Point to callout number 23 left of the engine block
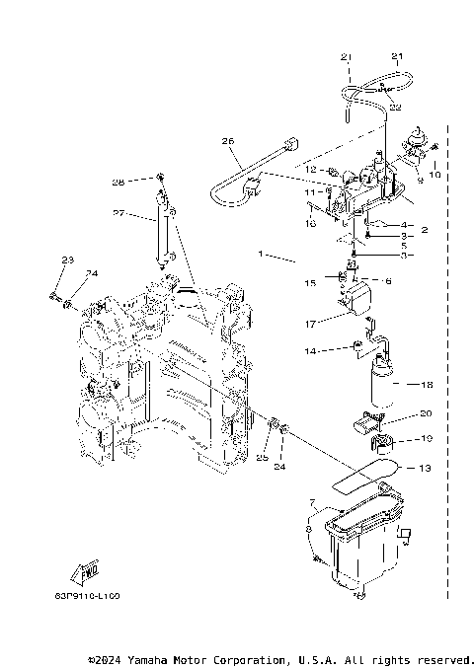(x=67, y=260)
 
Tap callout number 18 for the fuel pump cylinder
(x=427, y=386)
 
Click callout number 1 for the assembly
(x=261, y=255)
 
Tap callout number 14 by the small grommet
(x=310, y=351)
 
